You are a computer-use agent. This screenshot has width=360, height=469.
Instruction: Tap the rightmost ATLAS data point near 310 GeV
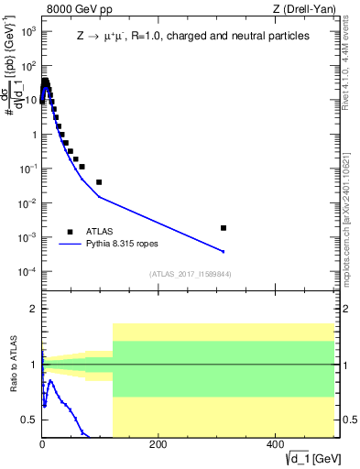pyautogui.click(x=224, y=227)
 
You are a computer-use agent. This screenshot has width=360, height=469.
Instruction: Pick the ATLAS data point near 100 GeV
pyautogui.click(x=99, y=182)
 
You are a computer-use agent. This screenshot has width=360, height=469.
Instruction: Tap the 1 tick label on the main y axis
pyautogui.click(x=33, y=135)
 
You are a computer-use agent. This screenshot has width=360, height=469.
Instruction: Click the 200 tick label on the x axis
pyautogui.click(x=158, y=444)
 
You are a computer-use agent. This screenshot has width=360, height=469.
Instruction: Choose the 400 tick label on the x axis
pyautogui.click(x=274, y=444)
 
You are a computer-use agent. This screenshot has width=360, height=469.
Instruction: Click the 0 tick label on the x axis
pyautogui.click(x=42, y=444)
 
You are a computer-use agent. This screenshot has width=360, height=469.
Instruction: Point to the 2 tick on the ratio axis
pyautogui.click(x=33, y=309)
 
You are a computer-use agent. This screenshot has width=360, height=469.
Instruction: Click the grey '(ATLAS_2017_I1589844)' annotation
pyautogui.click(x=191, y=273)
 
